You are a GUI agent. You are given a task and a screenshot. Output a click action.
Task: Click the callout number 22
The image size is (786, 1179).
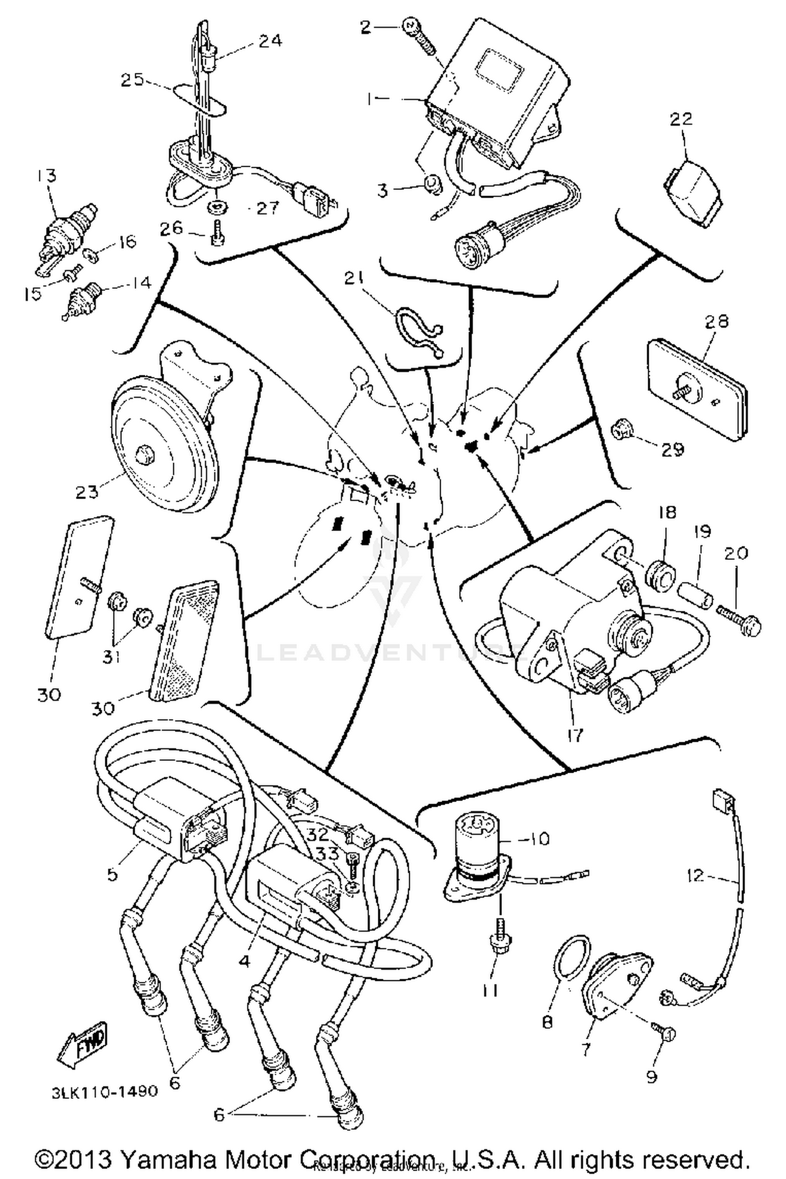point(681,118)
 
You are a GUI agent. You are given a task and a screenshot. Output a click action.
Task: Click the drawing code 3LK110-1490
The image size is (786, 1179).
point(105,1091)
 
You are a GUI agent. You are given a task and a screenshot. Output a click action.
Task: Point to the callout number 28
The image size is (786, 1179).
point(716,321)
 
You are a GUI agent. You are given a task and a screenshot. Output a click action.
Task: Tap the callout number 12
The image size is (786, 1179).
point(695,875)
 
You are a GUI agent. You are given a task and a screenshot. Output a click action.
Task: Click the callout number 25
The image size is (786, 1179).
point(132,80)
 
